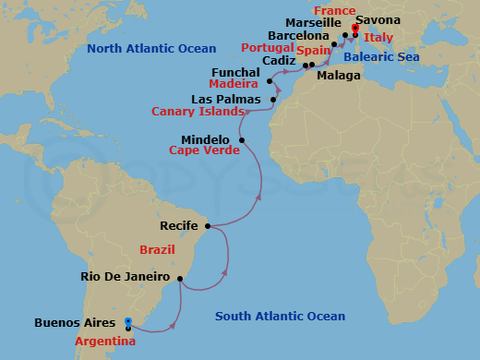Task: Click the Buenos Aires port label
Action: (77, 323)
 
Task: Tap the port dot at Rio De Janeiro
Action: (180, 279)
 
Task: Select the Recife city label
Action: (180, 224)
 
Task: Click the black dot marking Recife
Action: (208, 225)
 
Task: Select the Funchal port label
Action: (235, 69)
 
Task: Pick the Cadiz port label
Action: (278, 60)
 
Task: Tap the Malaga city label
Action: (338, 77)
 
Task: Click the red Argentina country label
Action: (105, 341)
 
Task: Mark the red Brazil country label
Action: (156, 250)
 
